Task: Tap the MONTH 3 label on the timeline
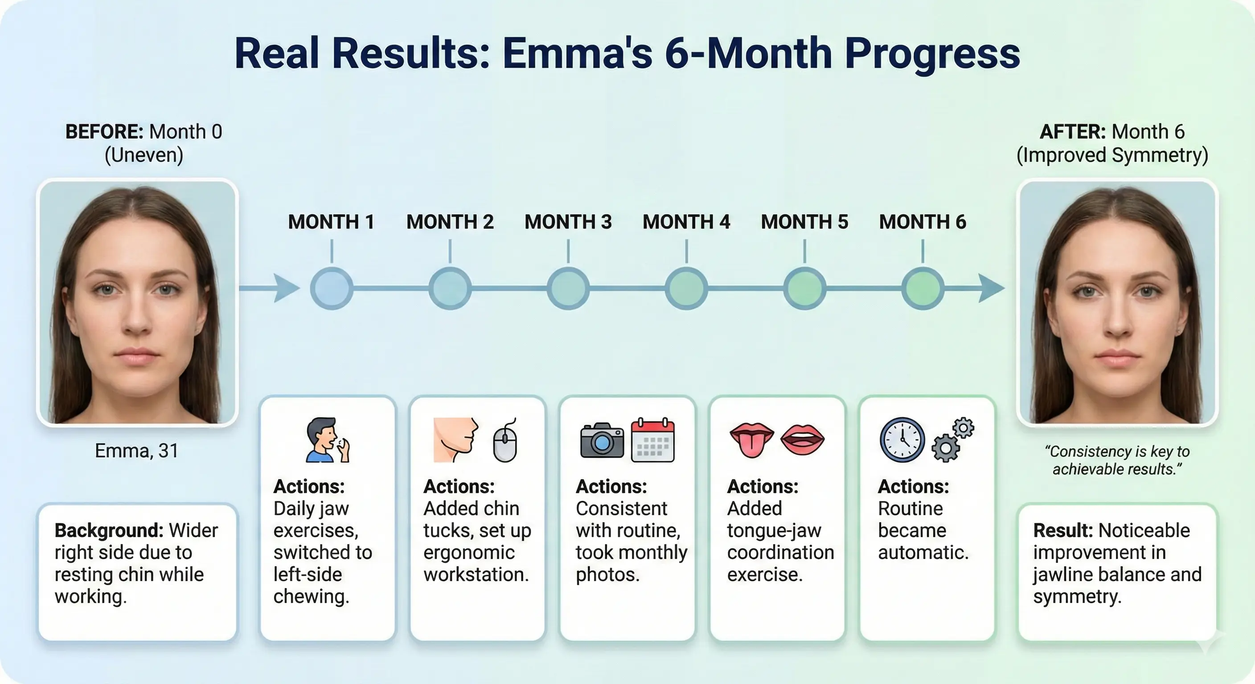tap(568, 222)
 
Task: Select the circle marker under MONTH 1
tap(332, 288)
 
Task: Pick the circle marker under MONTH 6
tap(923, 288)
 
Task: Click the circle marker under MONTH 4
tap(686, 288)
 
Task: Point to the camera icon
tap(602, 440)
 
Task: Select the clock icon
tap(902, 440)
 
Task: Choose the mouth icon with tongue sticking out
tap(752, 440)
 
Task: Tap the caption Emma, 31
tap(136, 451)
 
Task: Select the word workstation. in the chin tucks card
tap(476, 574)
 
